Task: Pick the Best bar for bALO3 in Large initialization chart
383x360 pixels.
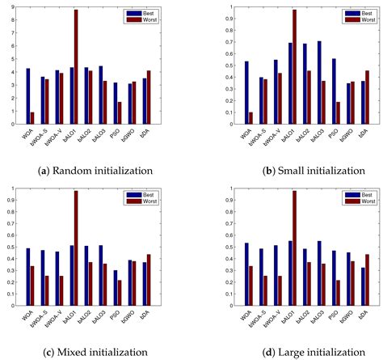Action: (319, 273)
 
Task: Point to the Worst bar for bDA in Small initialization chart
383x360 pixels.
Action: (368, 98)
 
